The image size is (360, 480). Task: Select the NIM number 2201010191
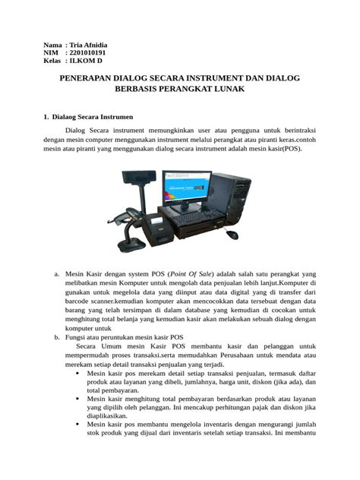87,53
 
